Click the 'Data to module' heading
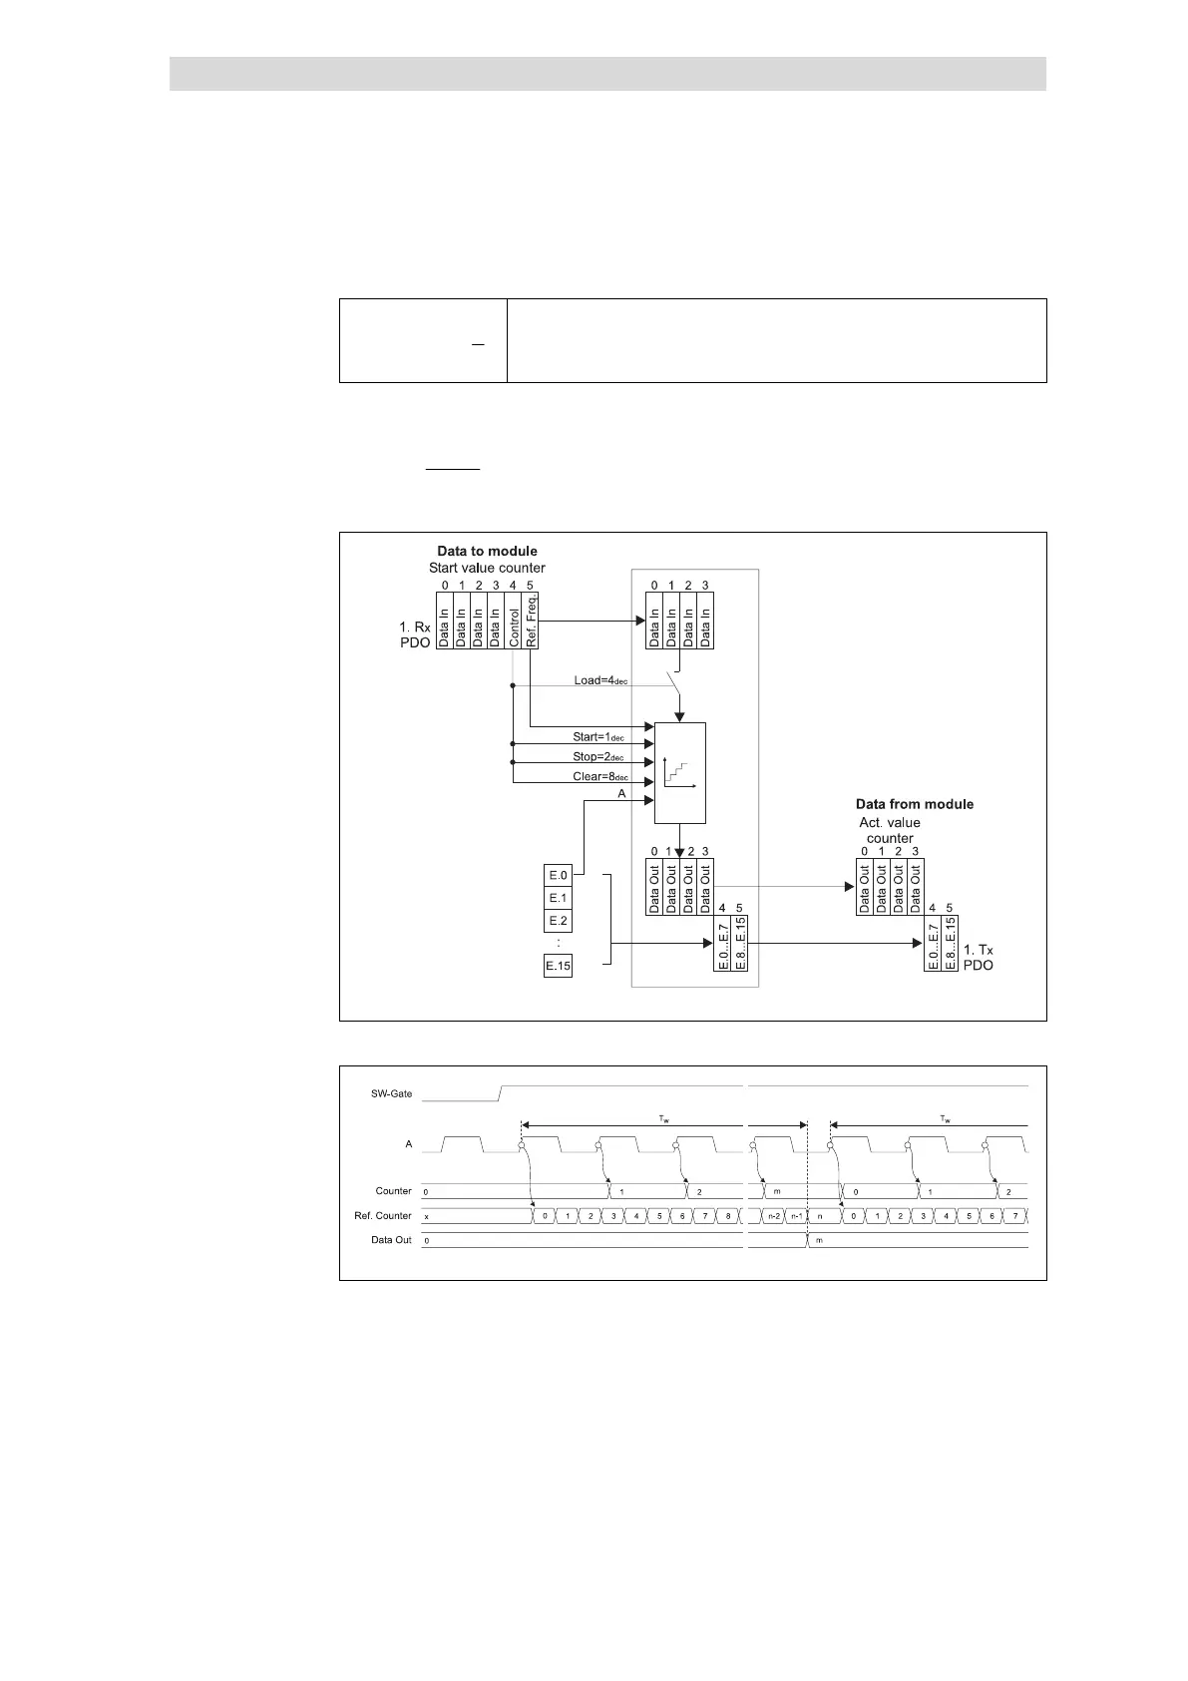[487, 551]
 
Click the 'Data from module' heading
[914, 804]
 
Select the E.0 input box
[558, 875]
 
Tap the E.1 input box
[558, 898]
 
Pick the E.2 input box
[558, 921]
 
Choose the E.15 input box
[558, 966]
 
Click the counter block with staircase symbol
[679, 773]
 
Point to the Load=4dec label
[599, 680]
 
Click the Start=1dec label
[597, 737]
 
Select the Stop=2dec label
[597, 757]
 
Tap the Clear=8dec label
[597, 776]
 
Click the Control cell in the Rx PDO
[513, 621]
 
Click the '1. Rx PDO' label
[415, 635]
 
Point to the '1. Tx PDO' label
[978, 958]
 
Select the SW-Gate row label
[391, 1093]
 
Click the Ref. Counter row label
[383, 1216]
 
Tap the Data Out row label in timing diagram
[391, 1240]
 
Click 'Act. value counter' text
[890, 830]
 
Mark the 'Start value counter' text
[487, 568]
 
